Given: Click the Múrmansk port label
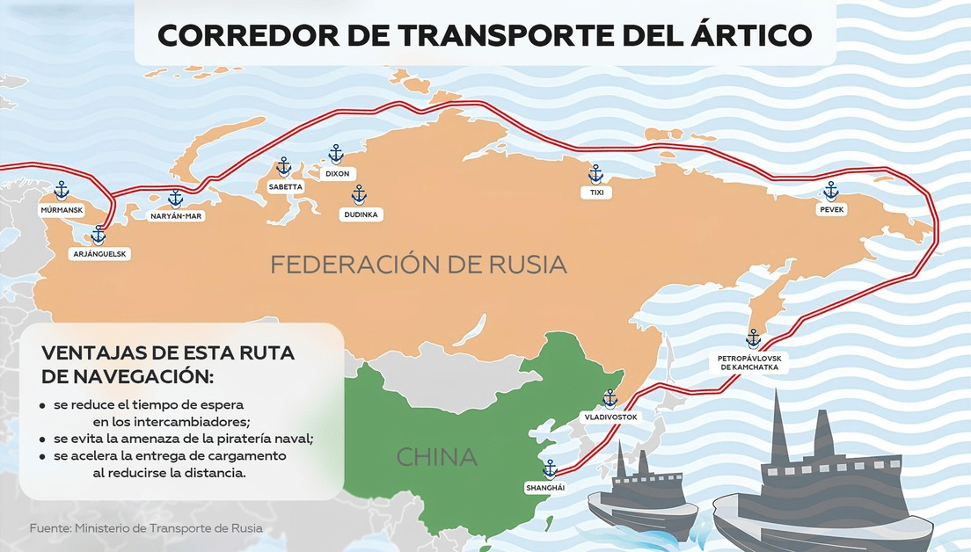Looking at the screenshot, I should point(61,211).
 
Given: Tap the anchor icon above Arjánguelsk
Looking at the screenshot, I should point(99,235).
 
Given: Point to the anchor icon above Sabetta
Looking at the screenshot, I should point(283,166).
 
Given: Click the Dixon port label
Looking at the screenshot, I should point(337,174).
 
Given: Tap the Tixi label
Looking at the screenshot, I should point(595,192).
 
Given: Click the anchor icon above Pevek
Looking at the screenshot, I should point(831,191).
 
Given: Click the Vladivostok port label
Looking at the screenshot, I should point(610,417).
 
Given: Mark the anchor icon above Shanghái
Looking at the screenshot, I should point(550,468).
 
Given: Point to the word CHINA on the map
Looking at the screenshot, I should point(436,457).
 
